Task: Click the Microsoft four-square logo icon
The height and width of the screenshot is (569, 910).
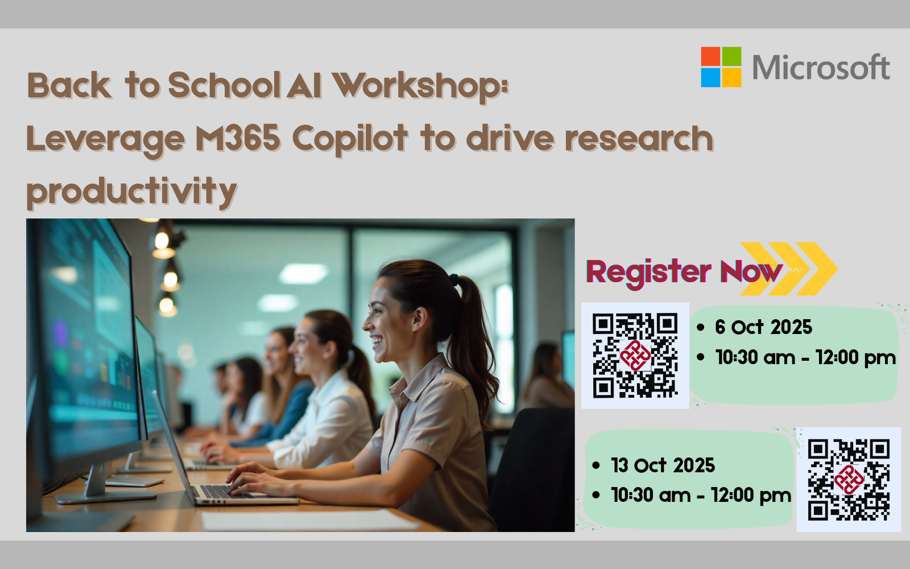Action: pyautogui.click(x=721, y=67)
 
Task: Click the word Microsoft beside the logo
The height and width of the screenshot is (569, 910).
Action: pyautogui.click(x=821, y=67)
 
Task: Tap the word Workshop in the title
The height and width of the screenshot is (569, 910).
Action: pyautogui.click(x=420, y=86)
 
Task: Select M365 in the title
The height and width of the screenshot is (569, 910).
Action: pyautogui.click(x=238, y=138)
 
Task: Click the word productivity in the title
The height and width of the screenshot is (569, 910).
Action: pyautogui.click(x=131, y=192)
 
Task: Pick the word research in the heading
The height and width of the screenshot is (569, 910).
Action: pyautogui.click(x=639, y=138)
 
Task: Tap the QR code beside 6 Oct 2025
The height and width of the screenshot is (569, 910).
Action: pyautogui.click(x=635, y=355)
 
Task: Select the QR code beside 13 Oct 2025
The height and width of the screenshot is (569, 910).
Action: pyautogui.click(x=849, y=480)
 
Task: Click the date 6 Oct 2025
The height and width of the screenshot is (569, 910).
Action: pyautogui.click(x=763, y=327)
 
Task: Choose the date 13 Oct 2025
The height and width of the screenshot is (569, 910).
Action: pyautogui.click(x=663, y=465)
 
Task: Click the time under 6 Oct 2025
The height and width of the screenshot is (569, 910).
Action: pyautogui.click(x=805, y=358)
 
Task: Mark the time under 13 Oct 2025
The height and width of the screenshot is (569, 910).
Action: pyautogui.click(x=701, y=496)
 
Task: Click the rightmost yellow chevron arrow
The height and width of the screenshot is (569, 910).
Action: pyautogui.click(x=817, y=269)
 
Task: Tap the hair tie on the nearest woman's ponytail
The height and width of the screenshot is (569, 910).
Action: pyautogui.click(x=454, y=279)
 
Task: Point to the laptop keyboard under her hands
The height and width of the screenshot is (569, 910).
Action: pyautogui.click(x=227, y=492)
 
